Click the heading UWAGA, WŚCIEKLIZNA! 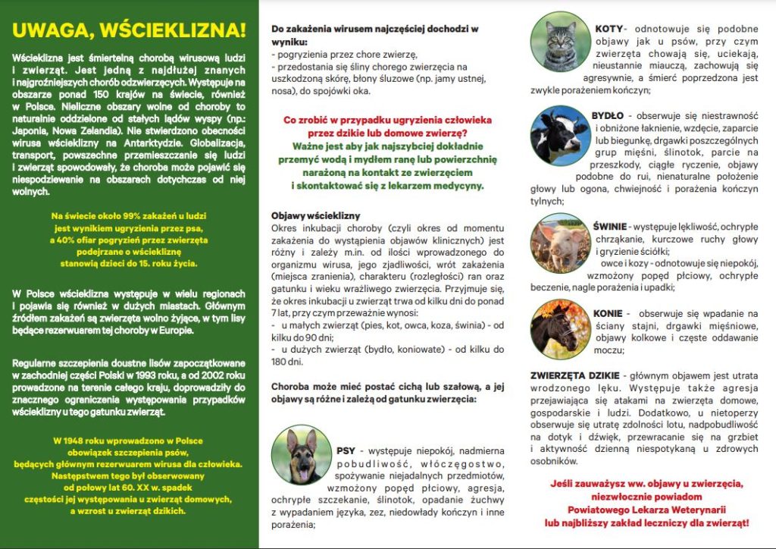coord(130,30)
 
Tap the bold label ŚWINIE coord(610,226)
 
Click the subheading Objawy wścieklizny coord(316,216)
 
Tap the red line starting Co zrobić coord(387,120)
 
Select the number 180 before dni coord(280,362)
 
